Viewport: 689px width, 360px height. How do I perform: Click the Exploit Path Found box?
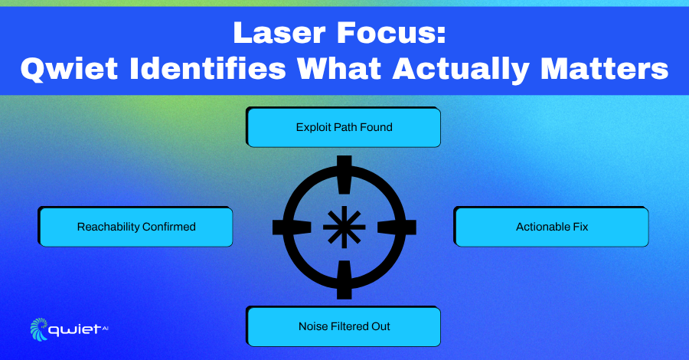(x=343, y=127)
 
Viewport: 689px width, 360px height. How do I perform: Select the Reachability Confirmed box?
(x=136, y=227)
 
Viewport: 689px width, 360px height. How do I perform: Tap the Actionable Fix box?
(x=551, y=227)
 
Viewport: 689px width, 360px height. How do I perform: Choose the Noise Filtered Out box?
(x=343, y=326)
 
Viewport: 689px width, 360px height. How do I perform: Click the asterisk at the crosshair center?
(x=344, y=227)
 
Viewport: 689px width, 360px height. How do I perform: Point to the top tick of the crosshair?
(x=344, y=175)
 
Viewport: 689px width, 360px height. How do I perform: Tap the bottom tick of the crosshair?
(x=344, y=280)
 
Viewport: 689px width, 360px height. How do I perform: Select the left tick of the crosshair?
(x=292, y=227)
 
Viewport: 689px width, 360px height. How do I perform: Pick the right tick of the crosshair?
(x=397, y=227)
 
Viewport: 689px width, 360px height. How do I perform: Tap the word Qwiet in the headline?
(x=69, y=70)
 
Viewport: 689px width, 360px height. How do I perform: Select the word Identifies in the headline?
(x=207, y=68)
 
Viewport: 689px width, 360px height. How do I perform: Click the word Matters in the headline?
(x=605, y=69)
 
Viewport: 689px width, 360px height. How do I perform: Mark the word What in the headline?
(x=339, y=69)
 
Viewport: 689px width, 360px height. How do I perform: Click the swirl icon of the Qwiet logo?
(x=39, y=329)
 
